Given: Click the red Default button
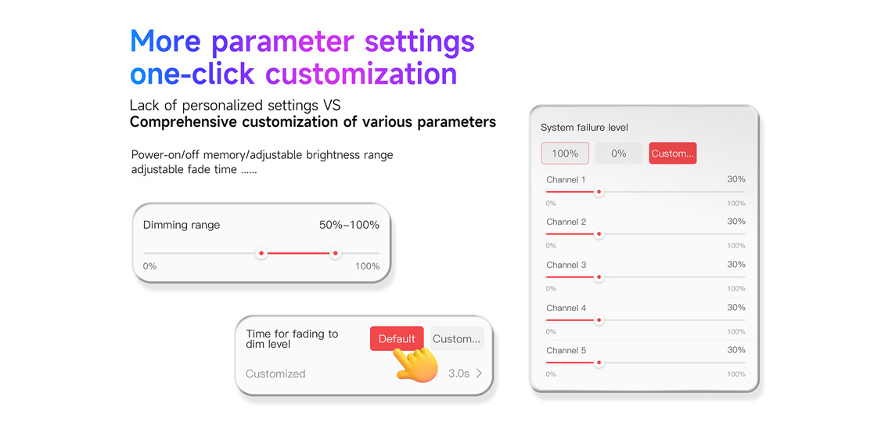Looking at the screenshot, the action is click(397, 339).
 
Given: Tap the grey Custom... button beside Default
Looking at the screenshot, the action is click(457, 339).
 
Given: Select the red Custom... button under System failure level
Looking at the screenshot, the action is click(672, 154).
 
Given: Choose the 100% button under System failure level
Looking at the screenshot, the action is click(565, 154).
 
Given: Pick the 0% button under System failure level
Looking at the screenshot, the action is click(619, 154).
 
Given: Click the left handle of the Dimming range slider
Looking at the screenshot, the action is click(261, 253).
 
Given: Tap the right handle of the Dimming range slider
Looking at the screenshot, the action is click(335, 253).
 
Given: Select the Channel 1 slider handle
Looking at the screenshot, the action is click(599, 192).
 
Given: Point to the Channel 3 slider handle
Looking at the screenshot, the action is click(599, 276).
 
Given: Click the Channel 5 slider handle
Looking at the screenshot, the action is click(599, 362).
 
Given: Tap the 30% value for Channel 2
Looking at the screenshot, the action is click(736, 221).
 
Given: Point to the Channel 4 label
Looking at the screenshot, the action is click(566, 308).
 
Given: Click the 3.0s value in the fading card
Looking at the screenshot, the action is click(459, 374).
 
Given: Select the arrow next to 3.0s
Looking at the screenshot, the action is click(479, 374).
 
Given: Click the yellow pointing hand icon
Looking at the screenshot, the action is click(416, 363).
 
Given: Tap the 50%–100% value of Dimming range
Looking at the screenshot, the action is click(349, 224).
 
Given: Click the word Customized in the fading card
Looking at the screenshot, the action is click(275, 374).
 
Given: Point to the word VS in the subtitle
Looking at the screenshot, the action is click(333, 106).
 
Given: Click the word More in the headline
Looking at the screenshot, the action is click(166, 41).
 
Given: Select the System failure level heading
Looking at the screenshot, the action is click(584, 128).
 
